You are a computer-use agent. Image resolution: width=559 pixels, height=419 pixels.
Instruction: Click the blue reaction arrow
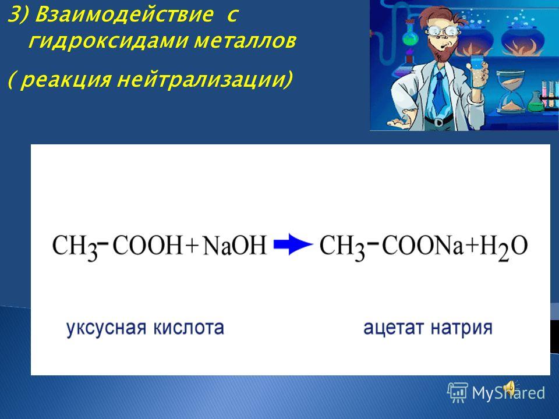point(293,244)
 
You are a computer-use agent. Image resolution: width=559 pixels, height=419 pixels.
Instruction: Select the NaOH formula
point(235,246)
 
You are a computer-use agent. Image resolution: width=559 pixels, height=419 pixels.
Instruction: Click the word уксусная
point(106,328)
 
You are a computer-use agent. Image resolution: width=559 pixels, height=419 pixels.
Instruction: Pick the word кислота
point(189,328)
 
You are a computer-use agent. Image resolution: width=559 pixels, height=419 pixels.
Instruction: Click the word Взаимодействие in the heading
point(125,15)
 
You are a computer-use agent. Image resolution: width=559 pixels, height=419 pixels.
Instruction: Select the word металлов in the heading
point(245,41)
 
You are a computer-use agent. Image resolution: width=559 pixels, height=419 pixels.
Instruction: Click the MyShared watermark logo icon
point(458,392)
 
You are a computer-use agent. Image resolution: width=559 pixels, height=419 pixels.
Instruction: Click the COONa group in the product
point(423,245)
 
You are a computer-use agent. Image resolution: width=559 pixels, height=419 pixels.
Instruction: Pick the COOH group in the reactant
point(147,245)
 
